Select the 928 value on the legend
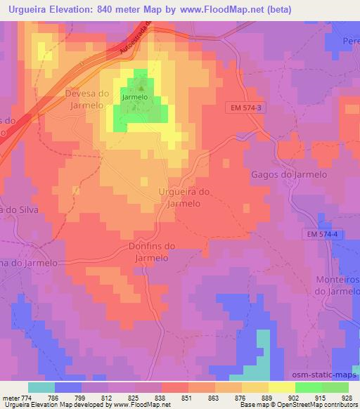(347, 397)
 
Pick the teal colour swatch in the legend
(41, 387)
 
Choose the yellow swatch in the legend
(281, 387)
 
